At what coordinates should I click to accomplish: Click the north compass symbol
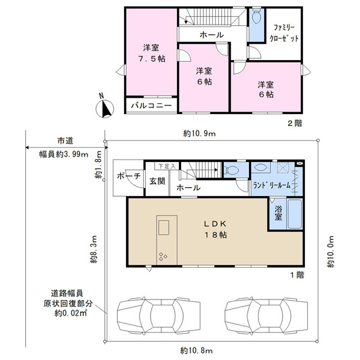click(x=104, y=107)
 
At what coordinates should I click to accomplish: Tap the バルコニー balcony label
click(x=152, y=106)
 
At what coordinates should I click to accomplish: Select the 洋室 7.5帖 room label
click(x=152, y=53)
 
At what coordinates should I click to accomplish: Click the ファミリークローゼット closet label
click(x=284, y=33)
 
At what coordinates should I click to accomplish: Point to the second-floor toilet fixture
click(x=256, y=16)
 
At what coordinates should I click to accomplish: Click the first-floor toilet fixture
click(x=232, y=170)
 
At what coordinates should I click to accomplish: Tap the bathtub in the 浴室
click(x=295, y=214)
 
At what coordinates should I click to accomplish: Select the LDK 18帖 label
click(x=215, y=229)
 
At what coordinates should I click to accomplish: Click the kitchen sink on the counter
click(x=164, y=227)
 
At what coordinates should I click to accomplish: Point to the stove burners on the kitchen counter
click(x=163, y=256)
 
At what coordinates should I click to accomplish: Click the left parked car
click(x=158, y=314)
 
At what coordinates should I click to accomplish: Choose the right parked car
click(x=266, y=314)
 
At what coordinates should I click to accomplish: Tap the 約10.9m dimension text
click(x=199, y=133)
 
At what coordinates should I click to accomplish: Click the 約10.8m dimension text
click(x=196, y=350)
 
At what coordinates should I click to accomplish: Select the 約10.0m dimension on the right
click(x=331, y=251)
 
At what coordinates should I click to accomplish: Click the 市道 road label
click(x=65, y=141)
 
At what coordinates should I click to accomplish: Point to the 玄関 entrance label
click(x=157, y=181)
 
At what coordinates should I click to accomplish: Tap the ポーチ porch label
click(x=128, y=176)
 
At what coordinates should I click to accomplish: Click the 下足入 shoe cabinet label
click(x=167, y=166)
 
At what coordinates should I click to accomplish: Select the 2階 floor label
click(x=295, y=123)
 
